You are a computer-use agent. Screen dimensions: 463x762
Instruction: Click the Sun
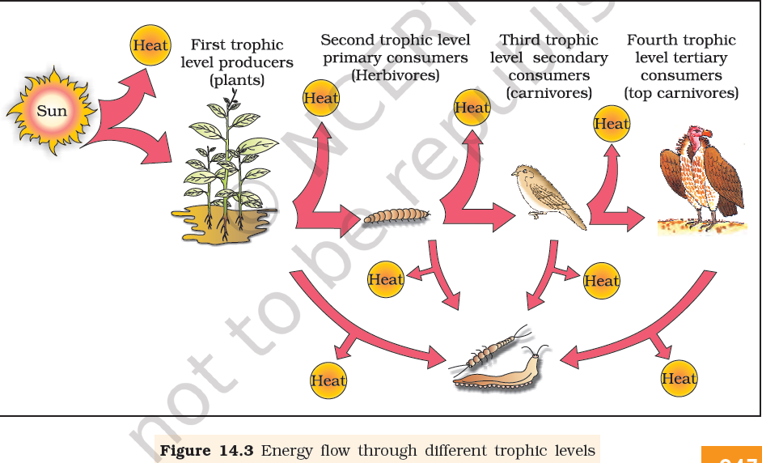[x=51, y=110]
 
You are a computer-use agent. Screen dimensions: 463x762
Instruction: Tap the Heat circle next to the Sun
[x=150, y=45]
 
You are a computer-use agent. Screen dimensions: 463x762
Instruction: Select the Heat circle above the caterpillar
[x=321, y=98]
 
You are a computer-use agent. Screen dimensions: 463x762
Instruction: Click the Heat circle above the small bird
[x=472, y=107]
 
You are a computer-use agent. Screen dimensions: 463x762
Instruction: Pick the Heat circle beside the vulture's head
[x=612, y=124]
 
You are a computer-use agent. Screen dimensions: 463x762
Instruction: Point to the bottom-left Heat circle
[x=328, y=380]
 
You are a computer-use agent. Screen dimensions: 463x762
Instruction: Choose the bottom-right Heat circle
[x=679, y=378]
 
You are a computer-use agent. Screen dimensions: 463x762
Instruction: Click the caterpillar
[x=396, y=215]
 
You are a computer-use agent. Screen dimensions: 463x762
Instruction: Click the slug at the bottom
[x=495, y=373]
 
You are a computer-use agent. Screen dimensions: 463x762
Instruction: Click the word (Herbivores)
[x=395, y=75]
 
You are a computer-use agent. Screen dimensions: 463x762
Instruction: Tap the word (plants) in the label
[x=236, y=80]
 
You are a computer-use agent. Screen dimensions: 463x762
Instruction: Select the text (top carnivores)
[x=681, y=93]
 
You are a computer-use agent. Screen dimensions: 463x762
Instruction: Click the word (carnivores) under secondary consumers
[x=548, y=93]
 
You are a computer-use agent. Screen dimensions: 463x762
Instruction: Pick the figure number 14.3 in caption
[x=239, y=450]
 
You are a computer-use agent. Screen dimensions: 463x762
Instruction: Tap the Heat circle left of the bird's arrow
[x=386, y=280]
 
